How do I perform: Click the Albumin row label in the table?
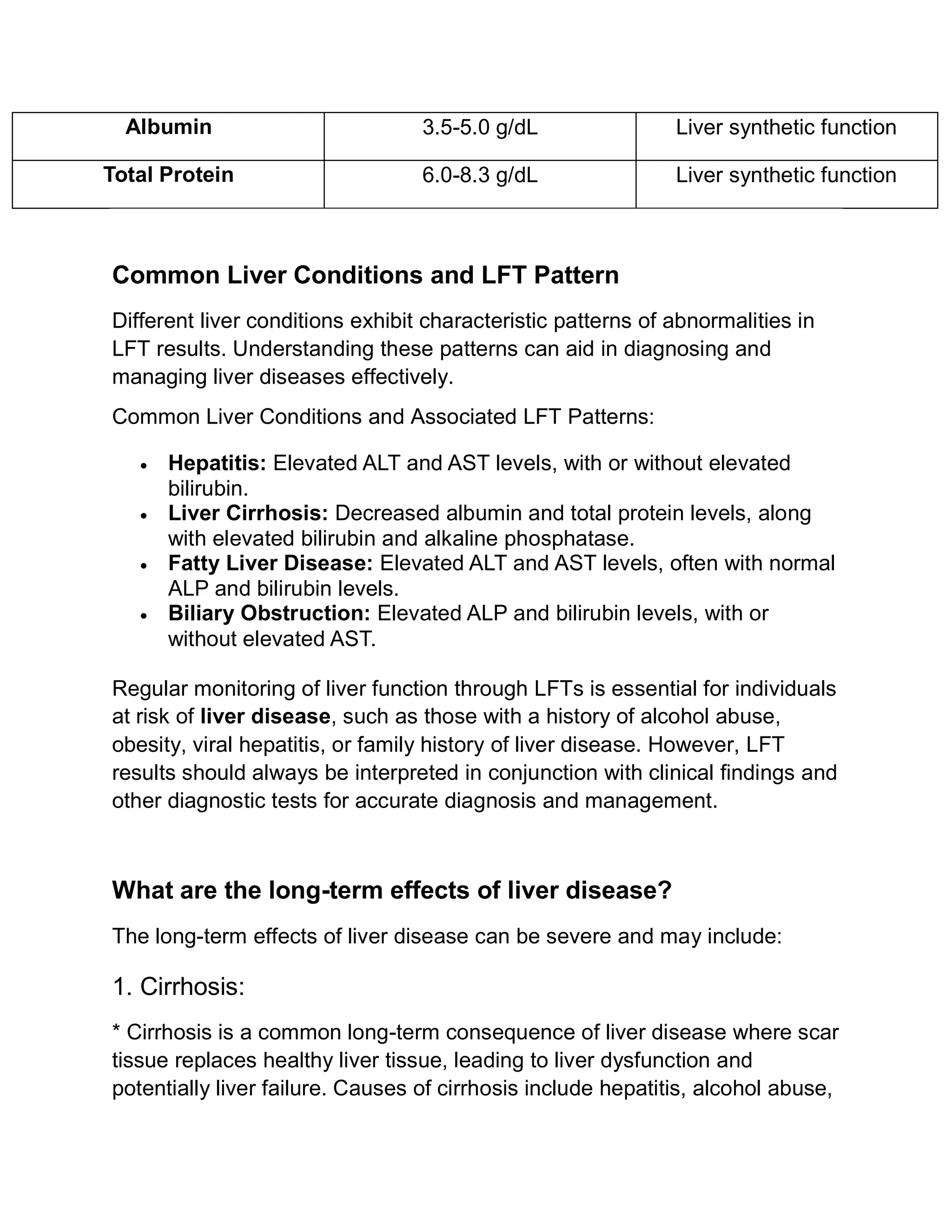[168, 127]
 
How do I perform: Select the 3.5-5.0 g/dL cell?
[480, 127]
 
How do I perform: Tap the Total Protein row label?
[168, 175]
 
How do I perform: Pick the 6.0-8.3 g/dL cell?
[480, 175]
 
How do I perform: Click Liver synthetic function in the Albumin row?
[786, 127]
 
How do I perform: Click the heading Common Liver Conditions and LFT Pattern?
[365, 275]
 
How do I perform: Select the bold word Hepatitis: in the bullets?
[217, 463]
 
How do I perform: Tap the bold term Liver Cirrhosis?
[248, 513]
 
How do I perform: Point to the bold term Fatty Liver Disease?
[271, 563]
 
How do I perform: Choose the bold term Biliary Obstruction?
[269, 613]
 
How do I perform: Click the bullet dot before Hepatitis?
[145, 466]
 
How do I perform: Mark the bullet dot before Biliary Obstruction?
[145, 616]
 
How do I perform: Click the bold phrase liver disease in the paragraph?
[265, 716]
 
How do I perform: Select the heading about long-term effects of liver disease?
[392, 890]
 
